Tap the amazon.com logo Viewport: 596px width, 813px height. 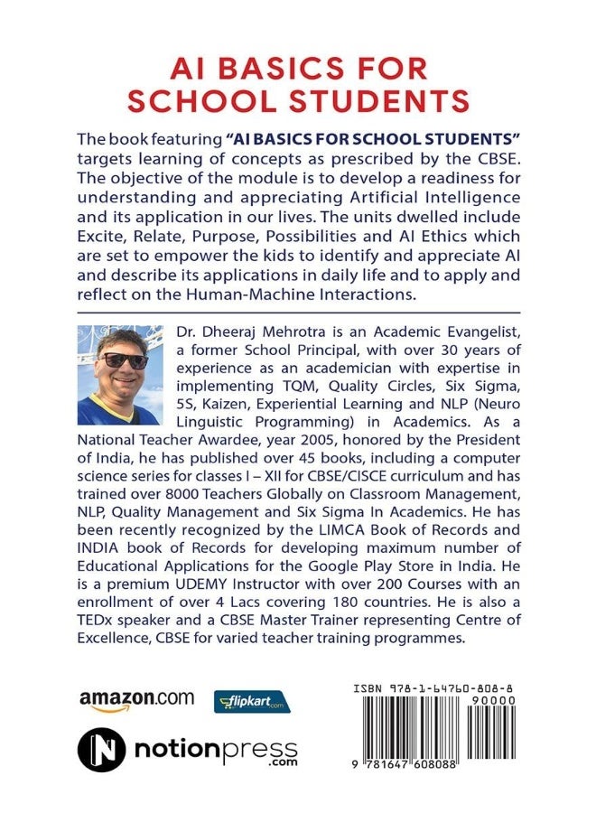tap(136, 698)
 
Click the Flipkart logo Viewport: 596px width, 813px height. tap(249, 702)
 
